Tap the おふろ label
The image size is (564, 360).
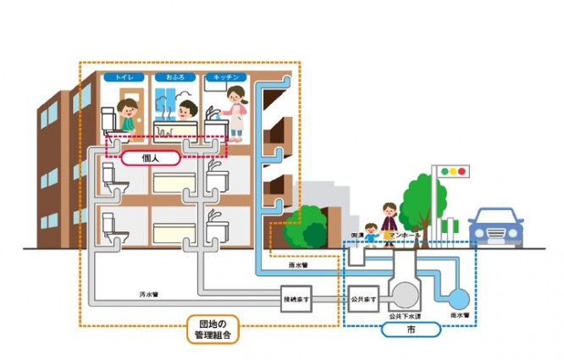[x=176, y=77]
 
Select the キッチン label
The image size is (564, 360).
[x=225, y=77]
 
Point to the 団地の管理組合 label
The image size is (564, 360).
[x=213, y=329]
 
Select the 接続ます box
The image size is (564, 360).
[x=298, y=298]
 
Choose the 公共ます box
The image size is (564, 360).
[x=362, y=298]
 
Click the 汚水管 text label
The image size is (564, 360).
[x=150, y=293]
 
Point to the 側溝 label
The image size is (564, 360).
[x=358, y=234]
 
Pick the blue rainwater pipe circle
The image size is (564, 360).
[x=458, y=299]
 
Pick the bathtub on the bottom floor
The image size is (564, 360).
[x=176, y=231]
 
